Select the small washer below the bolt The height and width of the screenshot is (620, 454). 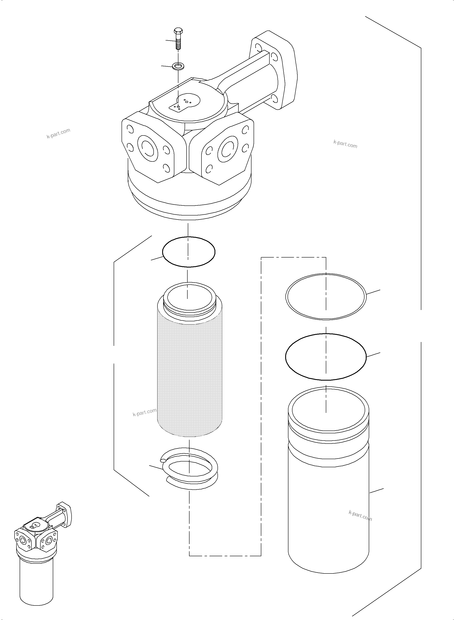click(178, 66)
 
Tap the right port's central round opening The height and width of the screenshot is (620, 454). click(228, 150)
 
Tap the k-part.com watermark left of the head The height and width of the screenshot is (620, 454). click(58, 133)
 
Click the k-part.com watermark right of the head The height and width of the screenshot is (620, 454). click(345, 144)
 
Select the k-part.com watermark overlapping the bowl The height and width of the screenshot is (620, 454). click(360, 515)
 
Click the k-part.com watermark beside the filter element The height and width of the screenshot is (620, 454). click(145, 412)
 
